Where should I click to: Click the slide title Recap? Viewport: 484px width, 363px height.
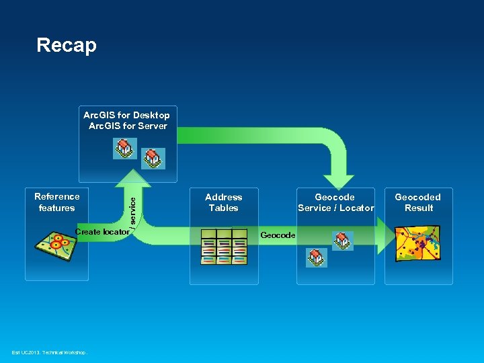[67, 45]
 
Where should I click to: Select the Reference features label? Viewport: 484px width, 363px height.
[56, 202]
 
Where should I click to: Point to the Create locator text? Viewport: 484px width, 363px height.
[102, 232]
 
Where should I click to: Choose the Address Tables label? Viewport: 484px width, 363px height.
[223, 202]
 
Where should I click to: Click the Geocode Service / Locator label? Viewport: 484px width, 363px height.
[335, 202]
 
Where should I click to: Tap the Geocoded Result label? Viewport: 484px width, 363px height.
[417, 202]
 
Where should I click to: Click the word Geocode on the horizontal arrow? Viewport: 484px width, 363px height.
[277, 235]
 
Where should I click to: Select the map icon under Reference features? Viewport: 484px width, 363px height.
[56, 250]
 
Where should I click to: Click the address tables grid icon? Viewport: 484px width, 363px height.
[224, 250]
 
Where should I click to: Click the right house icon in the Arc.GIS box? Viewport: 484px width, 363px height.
[153, 159]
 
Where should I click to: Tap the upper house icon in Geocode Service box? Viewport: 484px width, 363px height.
[342, 241]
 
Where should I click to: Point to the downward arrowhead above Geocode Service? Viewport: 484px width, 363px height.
[334, 181]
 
